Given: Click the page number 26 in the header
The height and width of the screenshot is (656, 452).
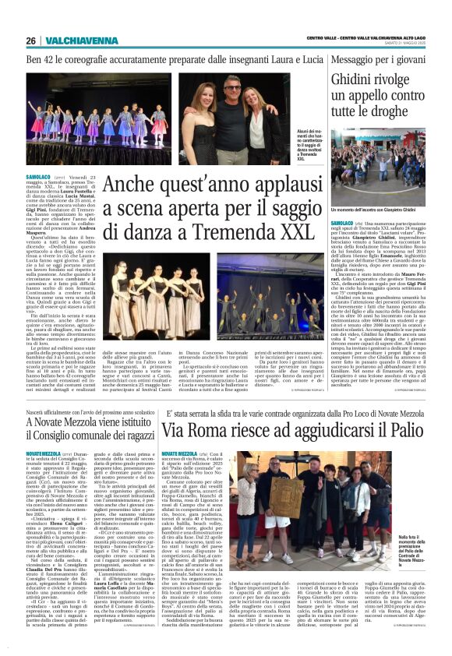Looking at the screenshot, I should pyautogui.click(x=31, y=41).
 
